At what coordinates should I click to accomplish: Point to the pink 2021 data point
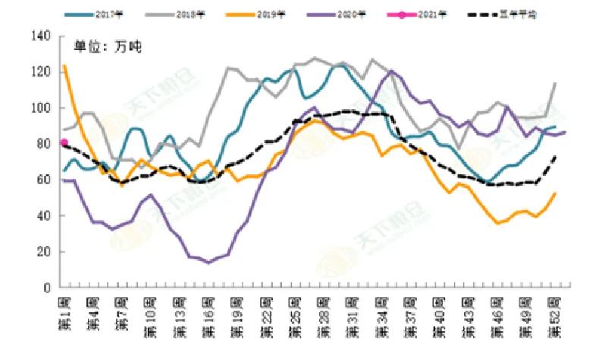[x=64, y=142]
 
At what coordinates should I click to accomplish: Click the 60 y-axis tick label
[x=43, y=180]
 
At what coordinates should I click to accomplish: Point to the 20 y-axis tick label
[x=43, y=252]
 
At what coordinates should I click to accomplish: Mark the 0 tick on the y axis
[x=46, y=287]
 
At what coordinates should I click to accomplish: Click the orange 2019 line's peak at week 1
[x=64, y=66]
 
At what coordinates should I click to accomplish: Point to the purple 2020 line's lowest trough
[x=208, y=262]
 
